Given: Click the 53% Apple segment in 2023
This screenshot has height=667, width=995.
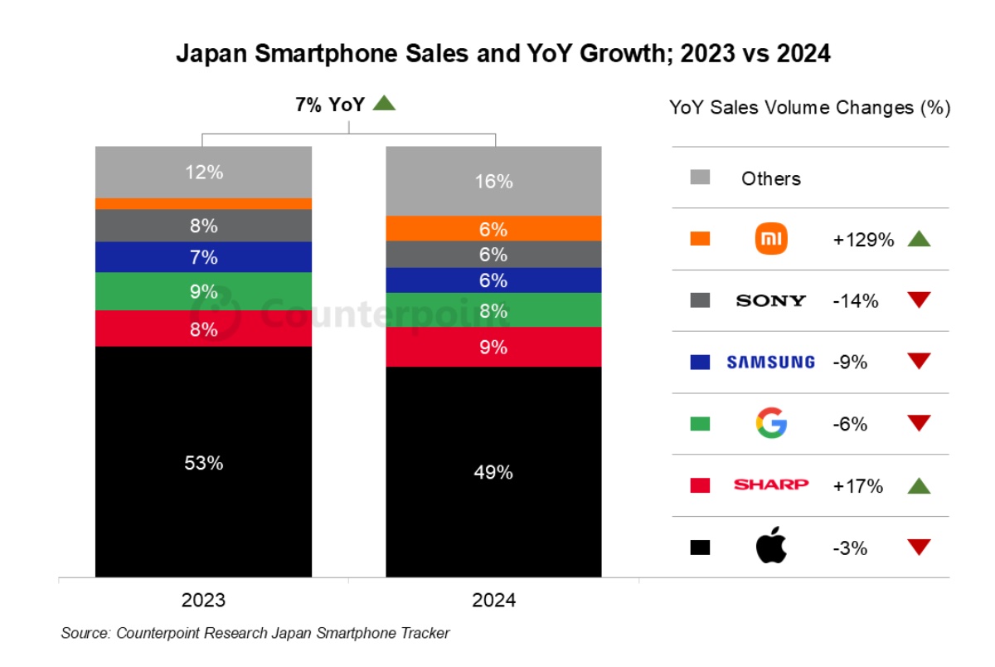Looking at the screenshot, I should [203, 461].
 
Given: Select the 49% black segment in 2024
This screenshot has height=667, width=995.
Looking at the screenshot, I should [493, 471].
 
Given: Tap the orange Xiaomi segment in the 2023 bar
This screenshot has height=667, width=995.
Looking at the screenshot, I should [203, 203].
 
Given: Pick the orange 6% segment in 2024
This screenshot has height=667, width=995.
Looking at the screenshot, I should [493, 229].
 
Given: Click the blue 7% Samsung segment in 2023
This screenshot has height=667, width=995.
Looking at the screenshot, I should [203, 257].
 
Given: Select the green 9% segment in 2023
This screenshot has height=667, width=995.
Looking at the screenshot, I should [203, 291].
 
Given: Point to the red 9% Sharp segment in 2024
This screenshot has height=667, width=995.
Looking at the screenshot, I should [493, 347].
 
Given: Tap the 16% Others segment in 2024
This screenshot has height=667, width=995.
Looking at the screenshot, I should [493, 181].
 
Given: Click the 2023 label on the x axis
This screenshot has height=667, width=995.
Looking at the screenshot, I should [203, 600].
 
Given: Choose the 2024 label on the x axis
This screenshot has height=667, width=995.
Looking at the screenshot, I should [493, 600].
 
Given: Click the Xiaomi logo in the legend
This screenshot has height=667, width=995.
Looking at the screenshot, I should [771, 240].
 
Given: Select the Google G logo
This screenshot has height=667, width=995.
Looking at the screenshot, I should [771, 424].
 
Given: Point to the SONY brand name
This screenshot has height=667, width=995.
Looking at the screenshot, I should [771, 300].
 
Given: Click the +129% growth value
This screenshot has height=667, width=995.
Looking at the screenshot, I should [863, 240].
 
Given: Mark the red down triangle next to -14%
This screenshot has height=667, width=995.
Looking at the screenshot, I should [919, 300].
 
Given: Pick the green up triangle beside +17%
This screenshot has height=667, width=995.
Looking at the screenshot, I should [919, 486].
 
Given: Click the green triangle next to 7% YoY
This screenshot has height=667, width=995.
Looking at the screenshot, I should [385, 104].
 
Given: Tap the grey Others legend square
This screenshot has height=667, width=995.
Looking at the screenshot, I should [700, 178].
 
